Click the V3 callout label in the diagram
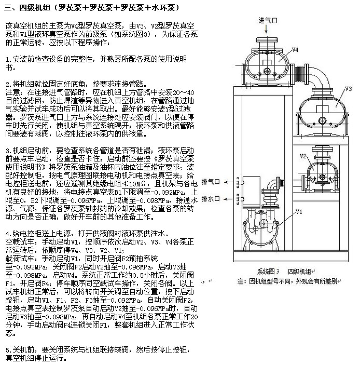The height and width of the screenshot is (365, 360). (x=350, y=88)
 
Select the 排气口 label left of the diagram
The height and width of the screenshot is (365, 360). (x=211, y=181)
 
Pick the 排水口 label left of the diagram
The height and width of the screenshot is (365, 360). (x=211, y=198)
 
